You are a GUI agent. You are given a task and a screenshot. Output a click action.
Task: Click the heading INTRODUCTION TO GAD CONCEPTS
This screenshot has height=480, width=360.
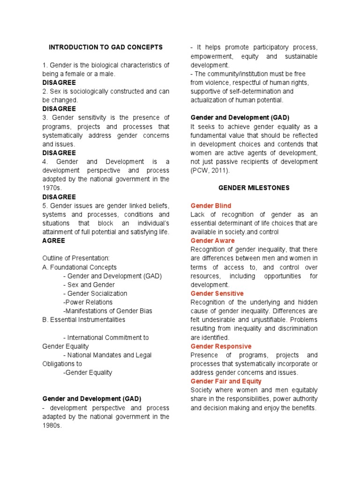(106, 47)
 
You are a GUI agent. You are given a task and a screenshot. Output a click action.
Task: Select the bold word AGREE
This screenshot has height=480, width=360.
(53, 240)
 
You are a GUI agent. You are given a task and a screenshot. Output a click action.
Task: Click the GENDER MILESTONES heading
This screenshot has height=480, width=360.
(254, 188)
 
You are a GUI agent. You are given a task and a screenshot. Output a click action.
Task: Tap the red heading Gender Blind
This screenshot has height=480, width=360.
(210, 206)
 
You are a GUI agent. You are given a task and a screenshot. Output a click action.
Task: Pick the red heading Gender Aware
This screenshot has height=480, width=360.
(212, 241)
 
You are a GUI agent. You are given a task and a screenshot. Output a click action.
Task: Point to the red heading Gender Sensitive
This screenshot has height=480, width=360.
(217, 293)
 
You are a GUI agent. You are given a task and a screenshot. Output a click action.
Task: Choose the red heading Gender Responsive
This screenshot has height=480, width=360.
(221, 346)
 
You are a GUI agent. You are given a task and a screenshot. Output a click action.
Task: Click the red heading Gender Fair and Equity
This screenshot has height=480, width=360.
(226, 382)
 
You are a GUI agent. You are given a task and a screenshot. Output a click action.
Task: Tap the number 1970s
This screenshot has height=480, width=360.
(52, 188)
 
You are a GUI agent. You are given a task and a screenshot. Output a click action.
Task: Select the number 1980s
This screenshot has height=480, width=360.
(52, 426)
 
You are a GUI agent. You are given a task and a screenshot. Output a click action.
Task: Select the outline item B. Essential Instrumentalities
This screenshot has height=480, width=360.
(84, 320)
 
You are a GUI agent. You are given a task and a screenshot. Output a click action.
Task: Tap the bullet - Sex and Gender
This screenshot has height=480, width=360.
(89, 285)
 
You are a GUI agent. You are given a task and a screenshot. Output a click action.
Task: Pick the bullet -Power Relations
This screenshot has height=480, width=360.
(88, 302)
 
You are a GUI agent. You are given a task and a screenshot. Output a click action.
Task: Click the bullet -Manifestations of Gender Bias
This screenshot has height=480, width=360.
(107, 311)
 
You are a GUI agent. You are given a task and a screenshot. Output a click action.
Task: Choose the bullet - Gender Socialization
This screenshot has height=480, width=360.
(95, 293)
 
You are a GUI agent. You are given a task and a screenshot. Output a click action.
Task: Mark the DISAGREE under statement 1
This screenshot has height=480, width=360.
(59, 82)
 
